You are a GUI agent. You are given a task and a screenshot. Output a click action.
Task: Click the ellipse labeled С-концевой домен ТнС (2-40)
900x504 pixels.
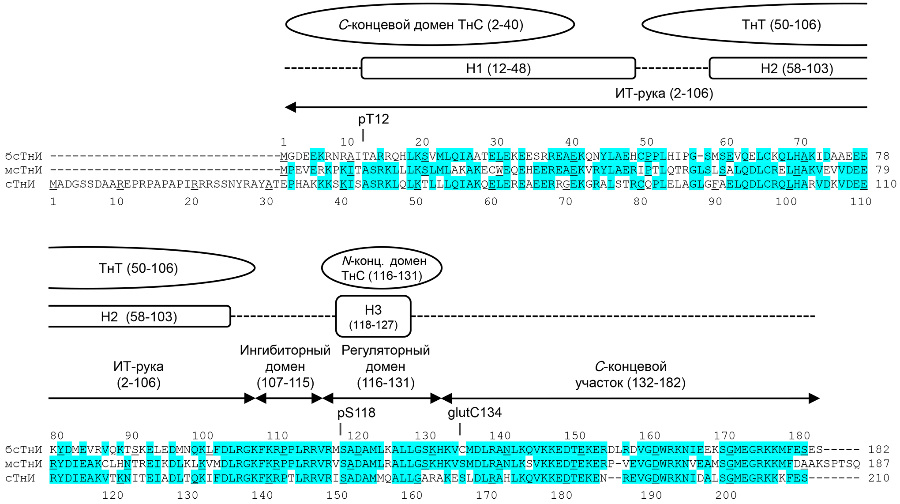tap(430, 25)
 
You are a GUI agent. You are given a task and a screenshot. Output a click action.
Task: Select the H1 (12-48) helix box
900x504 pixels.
tap(498, 68)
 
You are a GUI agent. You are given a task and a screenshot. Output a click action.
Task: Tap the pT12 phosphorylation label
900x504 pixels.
tap(373, 119)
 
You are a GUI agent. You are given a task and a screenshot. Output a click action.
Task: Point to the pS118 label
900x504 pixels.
tap(356, 413)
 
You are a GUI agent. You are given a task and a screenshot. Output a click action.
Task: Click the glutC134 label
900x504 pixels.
tap(475, 413)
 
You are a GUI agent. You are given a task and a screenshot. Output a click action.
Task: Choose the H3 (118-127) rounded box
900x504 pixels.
tap(373, 316)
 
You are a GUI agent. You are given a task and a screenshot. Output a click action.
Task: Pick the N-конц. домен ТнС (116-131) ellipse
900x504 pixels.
tap(382, 268)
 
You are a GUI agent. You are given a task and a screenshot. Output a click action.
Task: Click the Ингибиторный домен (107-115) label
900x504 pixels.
tap(285, 366)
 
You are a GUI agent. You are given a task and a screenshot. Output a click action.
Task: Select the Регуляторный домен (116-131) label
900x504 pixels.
tap(386, 366)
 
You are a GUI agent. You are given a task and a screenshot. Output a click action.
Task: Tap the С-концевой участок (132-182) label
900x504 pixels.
tap(630, 374)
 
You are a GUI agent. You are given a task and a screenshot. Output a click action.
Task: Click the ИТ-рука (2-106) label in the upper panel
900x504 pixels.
tap(664, 94)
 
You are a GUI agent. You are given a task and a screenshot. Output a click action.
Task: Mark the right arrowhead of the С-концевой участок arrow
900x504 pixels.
tap(814, 399)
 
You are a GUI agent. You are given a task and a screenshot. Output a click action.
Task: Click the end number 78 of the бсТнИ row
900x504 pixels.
tap(882, 156)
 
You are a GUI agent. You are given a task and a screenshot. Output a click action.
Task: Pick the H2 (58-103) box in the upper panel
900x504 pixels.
tap(790, 68)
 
